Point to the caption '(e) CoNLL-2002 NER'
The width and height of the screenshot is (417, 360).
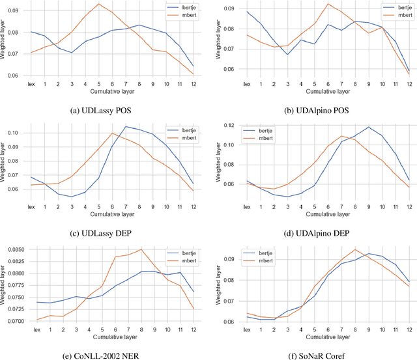[100, 355]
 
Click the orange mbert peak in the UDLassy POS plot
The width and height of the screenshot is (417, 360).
[98, 4]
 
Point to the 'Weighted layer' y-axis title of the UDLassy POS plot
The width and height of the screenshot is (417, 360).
[5, 40]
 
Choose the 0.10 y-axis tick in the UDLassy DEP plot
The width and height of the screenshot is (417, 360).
[19, 133]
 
